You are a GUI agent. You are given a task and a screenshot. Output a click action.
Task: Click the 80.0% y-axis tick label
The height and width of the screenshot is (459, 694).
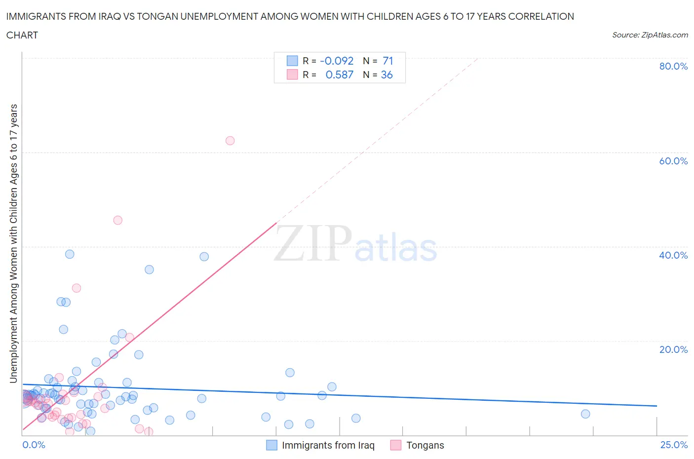pyautogui.click(x=673, y=66)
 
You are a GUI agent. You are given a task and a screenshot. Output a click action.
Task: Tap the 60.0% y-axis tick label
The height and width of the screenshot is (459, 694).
pyautogui.click(x=673, y=161)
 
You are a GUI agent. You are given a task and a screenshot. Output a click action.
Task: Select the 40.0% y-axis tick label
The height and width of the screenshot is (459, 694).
pyautogui.click(x=673, y=255)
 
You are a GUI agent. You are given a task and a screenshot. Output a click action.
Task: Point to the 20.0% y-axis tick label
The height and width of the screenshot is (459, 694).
pyautogui.click(x=673, y=349)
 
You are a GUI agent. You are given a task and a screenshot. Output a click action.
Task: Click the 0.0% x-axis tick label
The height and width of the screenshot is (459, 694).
pyautogui.click(x=34, y=445)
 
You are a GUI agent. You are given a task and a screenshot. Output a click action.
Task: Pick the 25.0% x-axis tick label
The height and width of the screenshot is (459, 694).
pyautogui.click(x=674, y=445)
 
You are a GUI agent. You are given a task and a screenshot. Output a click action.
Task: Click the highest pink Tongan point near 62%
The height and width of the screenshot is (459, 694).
pyautogui.click(x=230, y=141)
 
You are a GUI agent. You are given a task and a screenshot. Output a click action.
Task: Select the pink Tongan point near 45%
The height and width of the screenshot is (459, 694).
pyautogui.click(x=117, y=220)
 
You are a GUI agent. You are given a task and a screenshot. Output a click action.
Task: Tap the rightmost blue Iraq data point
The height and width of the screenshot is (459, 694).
pyautogui.click(x=585, y=414)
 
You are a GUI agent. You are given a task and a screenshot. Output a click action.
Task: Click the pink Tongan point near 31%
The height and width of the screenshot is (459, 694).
pyautogui.click(x=76, y=288)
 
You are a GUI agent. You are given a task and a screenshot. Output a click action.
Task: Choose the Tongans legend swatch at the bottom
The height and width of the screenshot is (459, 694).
pyautogui.click(x=395, y=445)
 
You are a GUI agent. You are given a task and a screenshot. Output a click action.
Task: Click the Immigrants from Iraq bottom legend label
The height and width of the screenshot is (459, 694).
pyautogui.click(x=328, y=445)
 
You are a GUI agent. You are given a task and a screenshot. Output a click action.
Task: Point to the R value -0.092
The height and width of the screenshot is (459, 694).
pyautogui.click(x=337, y=61)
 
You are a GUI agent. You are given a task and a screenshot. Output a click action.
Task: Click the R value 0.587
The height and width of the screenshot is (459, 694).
pyautogui.click(x=339, y=75)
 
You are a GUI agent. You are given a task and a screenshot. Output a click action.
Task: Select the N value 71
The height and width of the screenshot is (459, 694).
pyautogui.click(x=387, y=61)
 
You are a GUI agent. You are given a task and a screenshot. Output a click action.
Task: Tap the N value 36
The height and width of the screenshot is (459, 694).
pyautogui.click(x=386, y=75)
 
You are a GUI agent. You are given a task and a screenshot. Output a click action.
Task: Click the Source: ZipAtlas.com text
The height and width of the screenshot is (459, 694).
pyautogui.click(x=650, y=35)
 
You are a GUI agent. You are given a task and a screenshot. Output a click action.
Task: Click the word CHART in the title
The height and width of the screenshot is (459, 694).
pyautogui.click(x=22, y=35)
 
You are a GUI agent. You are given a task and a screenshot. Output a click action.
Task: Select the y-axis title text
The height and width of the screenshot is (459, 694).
pyautogui.click(x=13, y=243)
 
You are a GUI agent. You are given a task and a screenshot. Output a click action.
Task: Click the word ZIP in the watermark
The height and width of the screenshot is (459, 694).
pyautogui.click(x=312, y=243)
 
